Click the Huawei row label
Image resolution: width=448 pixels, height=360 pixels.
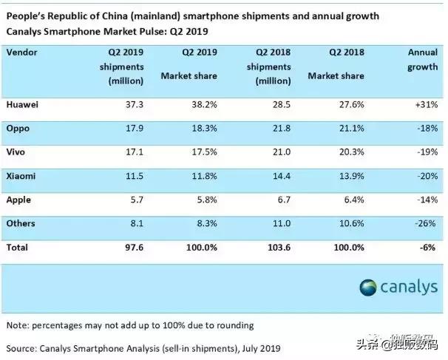point(22,104)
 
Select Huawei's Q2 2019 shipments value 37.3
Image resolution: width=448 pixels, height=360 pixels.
point(135,104)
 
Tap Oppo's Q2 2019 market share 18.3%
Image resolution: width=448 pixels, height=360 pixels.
point(204,129)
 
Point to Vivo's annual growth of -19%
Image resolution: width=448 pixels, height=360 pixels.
point(427,152)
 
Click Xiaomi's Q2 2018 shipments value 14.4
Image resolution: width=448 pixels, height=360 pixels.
point(282,176)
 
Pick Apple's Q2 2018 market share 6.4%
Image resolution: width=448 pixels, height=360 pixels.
point(354,200)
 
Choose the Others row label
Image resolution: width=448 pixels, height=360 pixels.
point(21,223)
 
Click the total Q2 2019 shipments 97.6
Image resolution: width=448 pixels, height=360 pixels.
point(135,248)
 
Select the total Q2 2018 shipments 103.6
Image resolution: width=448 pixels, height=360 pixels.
point(279,248)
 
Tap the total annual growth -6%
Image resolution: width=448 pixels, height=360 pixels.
point(428,248)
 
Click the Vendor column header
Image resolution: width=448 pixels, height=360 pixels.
point(21,52)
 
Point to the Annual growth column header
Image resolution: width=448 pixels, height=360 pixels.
point(423,60)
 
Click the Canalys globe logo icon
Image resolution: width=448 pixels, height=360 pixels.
point(368,288)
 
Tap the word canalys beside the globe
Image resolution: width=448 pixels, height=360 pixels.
point(409,287)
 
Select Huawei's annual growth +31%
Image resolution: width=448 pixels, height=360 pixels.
point(427,104)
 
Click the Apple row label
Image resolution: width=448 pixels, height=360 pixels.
point(18,200)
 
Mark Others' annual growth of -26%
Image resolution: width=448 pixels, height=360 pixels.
point(425,223)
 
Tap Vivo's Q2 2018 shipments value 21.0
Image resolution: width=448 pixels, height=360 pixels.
point(282,152)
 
